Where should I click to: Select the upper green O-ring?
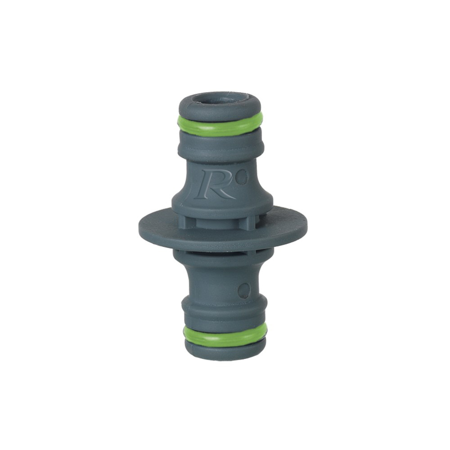pos(220,125)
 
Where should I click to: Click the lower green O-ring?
pos(225,334)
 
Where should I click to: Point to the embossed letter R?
pos(215,185)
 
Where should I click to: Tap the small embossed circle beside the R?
pos(243,176)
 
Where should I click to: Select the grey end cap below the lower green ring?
pos(225,351)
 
